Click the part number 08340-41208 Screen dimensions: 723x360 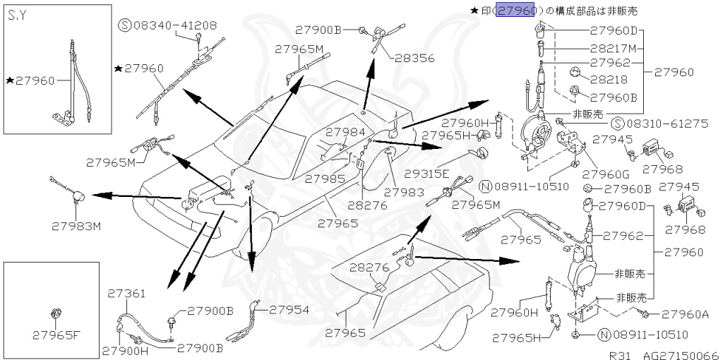[x=177, y=26]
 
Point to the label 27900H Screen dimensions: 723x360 [x=124, y=349]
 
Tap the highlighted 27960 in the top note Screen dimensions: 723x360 [x=517, y=11]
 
